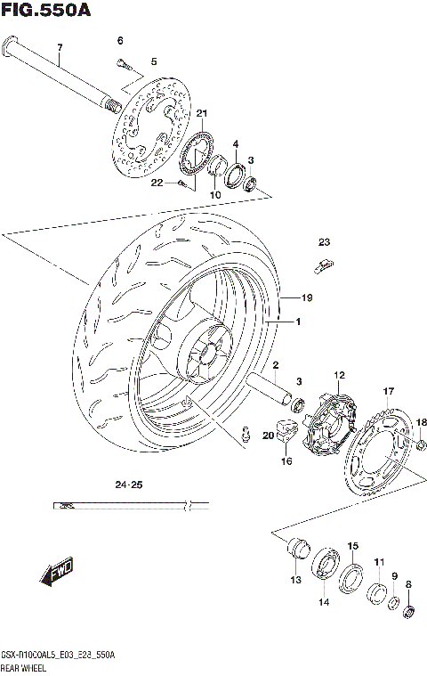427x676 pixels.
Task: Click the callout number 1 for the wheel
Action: [298, 322]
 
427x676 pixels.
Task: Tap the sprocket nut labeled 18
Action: [419, 443]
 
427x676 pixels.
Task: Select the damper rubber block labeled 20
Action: [285, 432]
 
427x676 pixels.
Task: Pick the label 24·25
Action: [128, 485]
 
